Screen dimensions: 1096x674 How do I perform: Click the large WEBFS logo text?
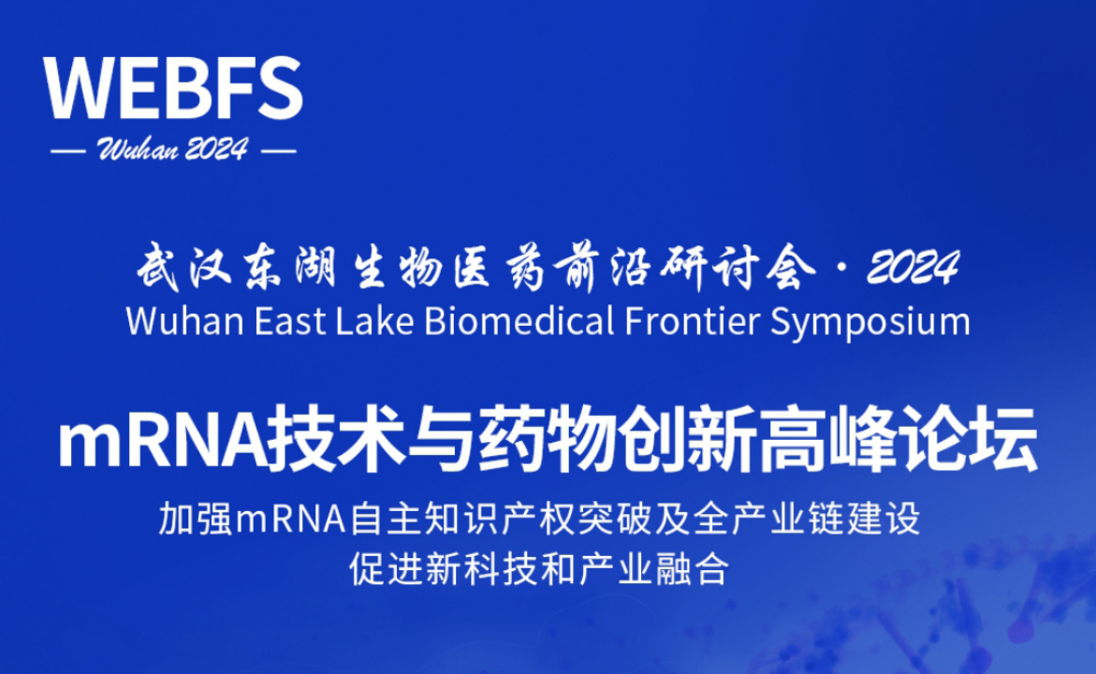point(172,88)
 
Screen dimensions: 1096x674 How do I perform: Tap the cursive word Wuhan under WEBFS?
point(137,149)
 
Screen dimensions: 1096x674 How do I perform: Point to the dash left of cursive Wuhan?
point(68,151)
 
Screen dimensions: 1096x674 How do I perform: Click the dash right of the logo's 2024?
point(278,151)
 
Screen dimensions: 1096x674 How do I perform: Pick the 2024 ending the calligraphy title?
point(913,267)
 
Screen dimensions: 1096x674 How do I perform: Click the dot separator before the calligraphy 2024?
point(841,267)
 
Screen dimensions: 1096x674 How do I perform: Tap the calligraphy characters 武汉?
point(183,267)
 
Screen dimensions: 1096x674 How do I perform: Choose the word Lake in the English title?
point(374,322)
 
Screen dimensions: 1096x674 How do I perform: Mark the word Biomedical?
point(519,322)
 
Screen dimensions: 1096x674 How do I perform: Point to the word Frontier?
point(692,322)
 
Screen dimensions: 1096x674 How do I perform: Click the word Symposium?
point(870,324)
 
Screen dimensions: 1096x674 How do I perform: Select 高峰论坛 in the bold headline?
point(899,441)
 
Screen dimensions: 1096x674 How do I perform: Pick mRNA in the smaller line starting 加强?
point(291,520)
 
